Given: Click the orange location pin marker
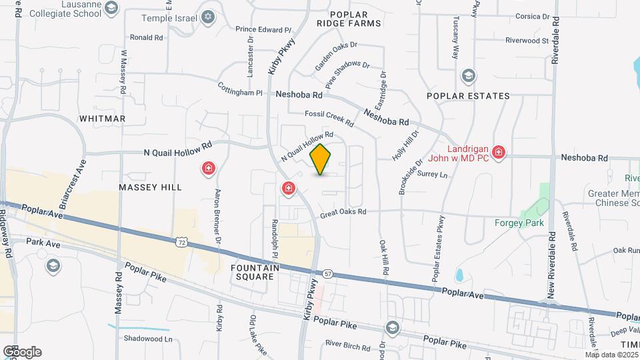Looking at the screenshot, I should click(321, 159).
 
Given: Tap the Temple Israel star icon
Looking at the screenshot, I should click(208, 17).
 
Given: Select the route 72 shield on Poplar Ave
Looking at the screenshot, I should click(181, 242).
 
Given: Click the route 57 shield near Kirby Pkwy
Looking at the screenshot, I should click(327, 273).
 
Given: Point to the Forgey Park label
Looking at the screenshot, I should click(519, 223).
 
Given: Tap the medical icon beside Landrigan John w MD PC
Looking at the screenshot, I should click(497, 153).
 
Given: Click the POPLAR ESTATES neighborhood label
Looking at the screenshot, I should click(468, 96).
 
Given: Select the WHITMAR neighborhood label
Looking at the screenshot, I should click(102, 119).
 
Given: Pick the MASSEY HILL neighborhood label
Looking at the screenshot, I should click(150, 187).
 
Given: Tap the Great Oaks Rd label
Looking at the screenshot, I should click(343, 213).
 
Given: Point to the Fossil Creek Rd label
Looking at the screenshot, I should click(329, 117).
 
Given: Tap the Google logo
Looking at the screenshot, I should click(22, 352).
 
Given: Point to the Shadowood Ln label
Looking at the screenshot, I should click(148, 339).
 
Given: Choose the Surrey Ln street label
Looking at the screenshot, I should click(433, 175).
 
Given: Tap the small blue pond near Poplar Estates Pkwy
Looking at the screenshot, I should click(459, 275).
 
